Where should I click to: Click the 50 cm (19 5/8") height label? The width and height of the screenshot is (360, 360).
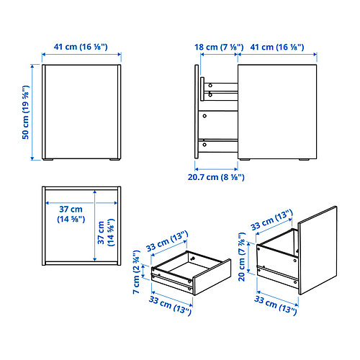26,112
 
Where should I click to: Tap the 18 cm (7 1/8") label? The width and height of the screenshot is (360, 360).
219,47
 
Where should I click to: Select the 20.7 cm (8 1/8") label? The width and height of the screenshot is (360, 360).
216,177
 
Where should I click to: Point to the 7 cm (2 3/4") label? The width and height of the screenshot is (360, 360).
136,271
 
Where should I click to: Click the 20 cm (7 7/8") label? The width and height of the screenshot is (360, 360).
242,257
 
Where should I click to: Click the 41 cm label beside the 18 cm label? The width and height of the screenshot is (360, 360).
277,47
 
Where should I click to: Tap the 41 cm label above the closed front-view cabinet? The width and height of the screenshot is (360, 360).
81,47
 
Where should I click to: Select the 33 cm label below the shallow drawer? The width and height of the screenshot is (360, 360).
170,305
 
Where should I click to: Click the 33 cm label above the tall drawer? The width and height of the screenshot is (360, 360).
271,220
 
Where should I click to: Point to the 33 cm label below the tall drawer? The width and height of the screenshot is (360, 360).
276,305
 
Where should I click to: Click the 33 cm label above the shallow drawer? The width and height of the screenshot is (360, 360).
167,241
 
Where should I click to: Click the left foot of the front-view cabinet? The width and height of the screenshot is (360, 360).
48,159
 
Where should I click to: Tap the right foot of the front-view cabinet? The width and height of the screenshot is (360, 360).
114,159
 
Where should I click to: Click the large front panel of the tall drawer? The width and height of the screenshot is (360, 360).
318,251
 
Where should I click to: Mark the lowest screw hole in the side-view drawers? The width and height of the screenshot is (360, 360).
204,145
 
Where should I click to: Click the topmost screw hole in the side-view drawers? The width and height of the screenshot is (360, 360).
210,85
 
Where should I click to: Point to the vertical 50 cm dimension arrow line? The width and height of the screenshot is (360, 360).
32,112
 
